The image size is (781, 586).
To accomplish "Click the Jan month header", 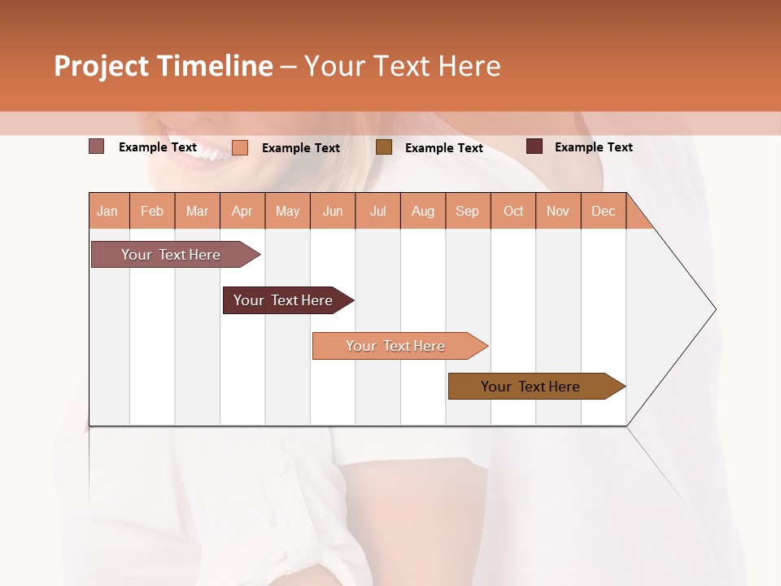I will (x=107, y=211).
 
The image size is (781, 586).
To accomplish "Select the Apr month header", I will (x=242, y=211).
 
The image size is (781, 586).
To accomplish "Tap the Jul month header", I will (x=377, y=211).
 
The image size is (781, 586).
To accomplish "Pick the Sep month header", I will (x=467, y=211).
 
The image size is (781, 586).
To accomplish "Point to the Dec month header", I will (x=603, y=211).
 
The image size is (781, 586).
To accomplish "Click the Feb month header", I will (x=152, y=211).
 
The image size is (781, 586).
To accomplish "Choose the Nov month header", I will (x=557, y=211).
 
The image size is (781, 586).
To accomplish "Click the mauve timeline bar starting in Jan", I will (x=172, y=255).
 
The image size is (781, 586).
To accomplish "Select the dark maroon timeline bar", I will (x=284, y=300).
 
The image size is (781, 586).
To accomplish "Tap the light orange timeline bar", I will (x=396, y=346).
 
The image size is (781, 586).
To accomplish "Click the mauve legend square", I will (x=96, y=146).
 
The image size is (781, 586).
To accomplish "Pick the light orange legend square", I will (x=240, y=147).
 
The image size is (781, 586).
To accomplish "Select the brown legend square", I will (x=384, y=146).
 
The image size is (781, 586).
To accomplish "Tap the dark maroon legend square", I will (x=534, y=146).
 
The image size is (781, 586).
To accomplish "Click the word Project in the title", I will (x=101, y=66).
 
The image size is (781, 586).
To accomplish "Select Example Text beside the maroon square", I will (x=593, y=147).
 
